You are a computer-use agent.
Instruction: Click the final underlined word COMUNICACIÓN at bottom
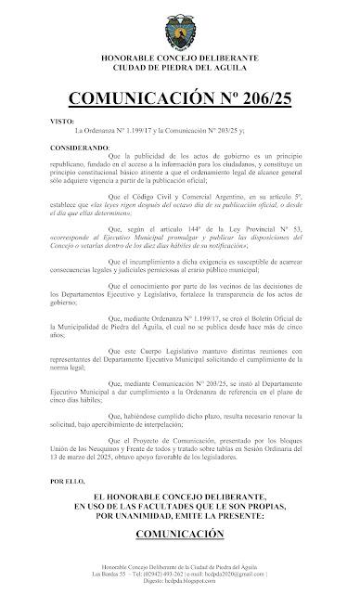[180, 534]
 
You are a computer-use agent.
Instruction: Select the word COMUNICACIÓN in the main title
[135, 98]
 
